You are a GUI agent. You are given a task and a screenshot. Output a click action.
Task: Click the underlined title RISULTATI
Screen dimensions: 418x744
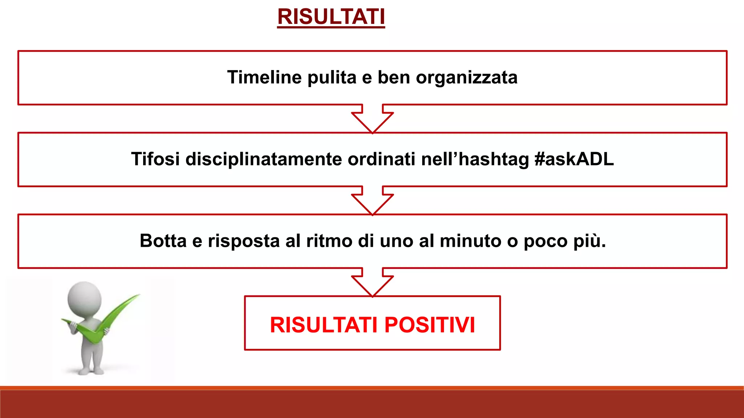point(331,17)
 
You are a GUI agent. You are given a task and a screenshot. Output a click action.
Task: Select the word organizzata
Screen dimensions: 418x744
point(466,77)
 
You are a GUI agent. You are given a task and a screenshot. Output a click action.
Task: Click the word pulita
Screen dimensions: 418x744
point(332,77)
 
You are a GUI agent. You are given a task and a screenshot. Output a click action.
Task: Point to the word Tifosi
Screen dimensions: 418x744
point(155,159)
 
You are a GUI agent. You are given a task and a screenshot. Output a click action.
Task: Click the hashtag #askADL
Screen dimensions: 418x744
point(574,159)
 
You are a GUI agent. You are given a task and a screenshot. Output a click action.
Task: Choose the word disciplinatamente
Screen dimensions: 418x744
point(263,159)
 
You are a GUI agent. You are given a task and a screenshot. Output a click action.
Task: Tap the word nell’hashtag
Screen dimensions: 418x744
point(475,159)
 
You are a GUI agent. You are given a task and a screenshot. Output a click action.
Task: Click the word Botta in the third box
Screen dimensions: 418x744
point(163,241)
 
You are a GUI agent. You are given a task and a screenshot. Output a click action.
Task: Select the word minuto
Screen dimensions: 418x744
point(470,241)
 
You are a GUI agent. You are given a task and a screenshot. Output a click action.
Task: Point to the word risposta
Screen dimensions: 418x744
point(243,241)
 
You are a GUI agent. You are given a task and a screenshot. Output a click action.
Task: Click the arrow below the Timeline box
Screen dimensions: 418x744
point(372,119)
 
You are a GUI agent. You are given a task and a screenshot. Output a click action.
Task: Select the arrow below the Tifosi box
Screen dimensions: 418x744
point(372,201)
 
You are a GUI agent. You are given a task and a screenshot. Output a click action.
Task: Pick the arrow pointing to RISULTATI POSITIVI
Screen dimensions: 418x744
point(372,282)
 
